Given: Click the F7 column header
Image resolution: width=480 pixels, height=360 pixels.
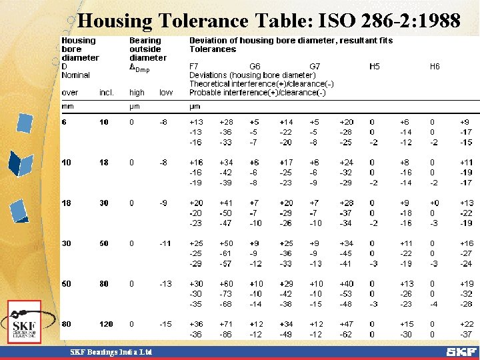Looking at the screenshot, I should (194, 67).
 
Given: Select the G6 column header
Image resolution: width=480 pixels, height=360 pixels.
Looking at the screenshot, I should (255, 67).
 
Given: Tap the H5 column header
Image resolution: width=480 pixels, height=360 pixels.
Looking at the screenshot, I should (375, 67).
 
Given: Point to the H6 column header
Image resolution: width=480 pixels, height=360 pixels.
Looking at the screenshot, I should (435, 67).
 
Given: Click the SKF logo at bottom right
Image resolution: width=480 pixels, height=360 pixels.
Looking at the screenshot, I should (461, 351).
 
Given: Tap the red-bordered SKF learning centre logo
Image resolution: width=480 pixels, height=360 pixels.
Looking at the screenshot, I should (25, 322).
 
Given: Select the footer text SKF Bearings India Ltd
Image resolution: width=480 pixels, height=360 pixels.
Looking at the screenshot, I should (112, 351).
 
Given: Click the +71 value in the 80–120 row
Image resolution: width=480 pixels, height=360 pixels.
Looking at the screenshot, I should (226, 324).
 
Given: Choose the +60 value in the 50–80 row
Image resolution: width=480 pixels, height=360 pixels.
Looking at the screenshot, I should (226, 283).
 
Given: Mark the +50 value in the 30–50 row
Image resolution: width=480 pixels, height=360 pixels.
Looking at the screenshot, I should (226, 244).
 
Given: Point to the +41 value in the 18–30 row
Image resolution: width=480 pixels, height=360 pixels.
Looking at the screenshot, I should (226, 203).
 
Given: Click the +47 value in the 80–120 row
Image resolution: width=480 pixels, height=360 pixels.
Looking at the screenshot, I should (347, 324).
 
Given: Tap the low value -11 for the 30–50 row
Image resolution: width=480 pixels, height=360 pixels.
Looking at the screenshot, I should (165, 244).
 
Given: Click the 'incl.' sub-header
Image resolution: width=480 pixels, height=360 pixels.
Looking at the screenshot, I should (107, 93).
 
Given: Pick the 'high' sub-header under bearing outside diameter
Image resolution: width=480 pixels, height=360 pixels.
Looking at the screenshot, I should (137, 93).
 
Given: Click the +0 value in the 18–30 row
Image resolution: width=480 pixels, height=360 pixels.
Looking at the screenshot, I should (435, 203).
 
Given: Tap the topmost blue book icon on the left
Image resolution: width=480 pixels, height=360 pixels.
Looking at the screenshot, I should (25, 123).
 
